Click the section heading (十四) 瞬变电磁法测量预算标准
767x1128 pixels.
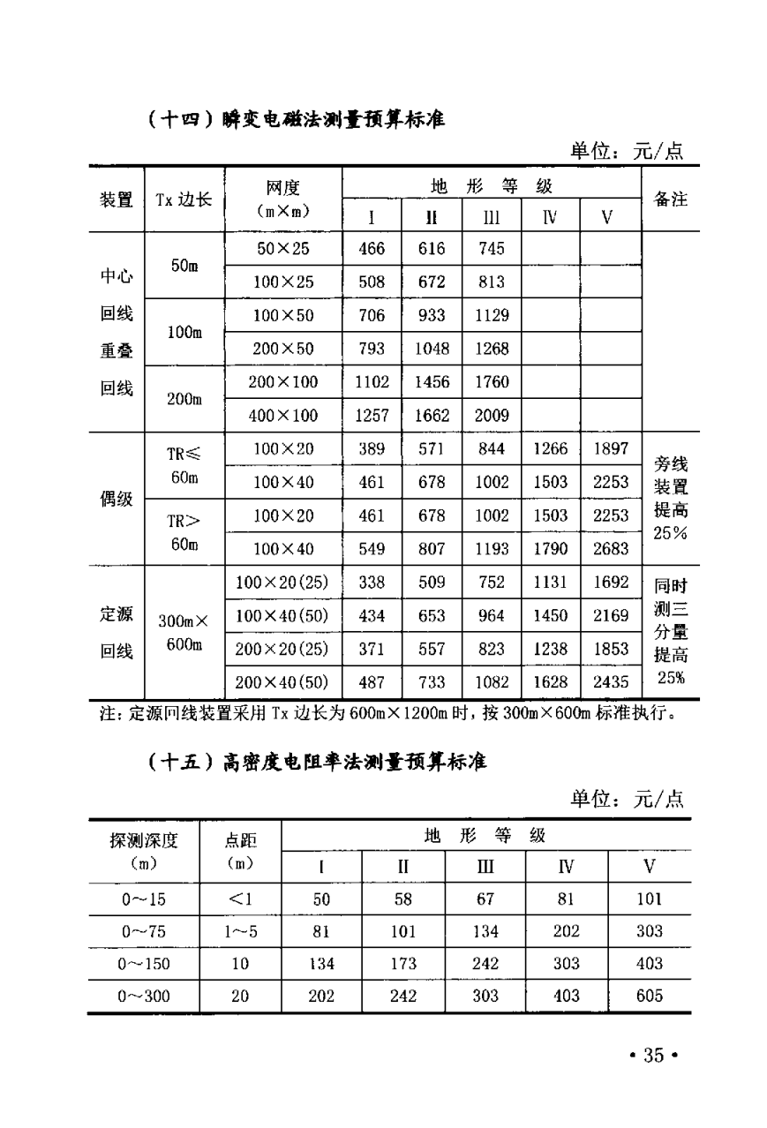coord(296,118)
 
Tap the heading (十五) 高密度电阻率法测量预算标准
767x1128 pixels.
coord(316,761)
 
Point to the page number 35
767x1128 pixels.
coord(653,1056)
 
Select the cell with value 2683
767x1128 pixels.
coord(611,549)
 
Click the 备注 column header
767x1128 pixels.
coord(670,199)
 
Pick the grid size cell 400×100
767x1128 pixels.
coord(283,416)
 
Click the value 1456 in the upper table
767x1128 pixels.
coord(432,382)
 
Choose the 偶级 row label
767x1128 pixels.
coord(117,500)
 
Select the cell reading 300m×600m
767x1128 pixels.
coord(184,633)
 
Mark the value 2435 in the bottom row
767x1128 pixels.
coord(611,681)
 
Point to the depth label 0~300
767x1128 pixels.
coord(144,996)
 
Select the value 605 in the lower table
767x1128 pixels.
coord(649,996)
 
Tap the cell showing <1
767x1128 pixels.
coord(240,899)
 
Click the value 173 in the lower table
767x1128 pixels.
coord(403,964)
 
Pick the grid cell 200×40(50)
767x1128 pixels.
coord(283,681)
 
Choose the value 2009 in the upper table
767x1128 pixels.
coord(492,416)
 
